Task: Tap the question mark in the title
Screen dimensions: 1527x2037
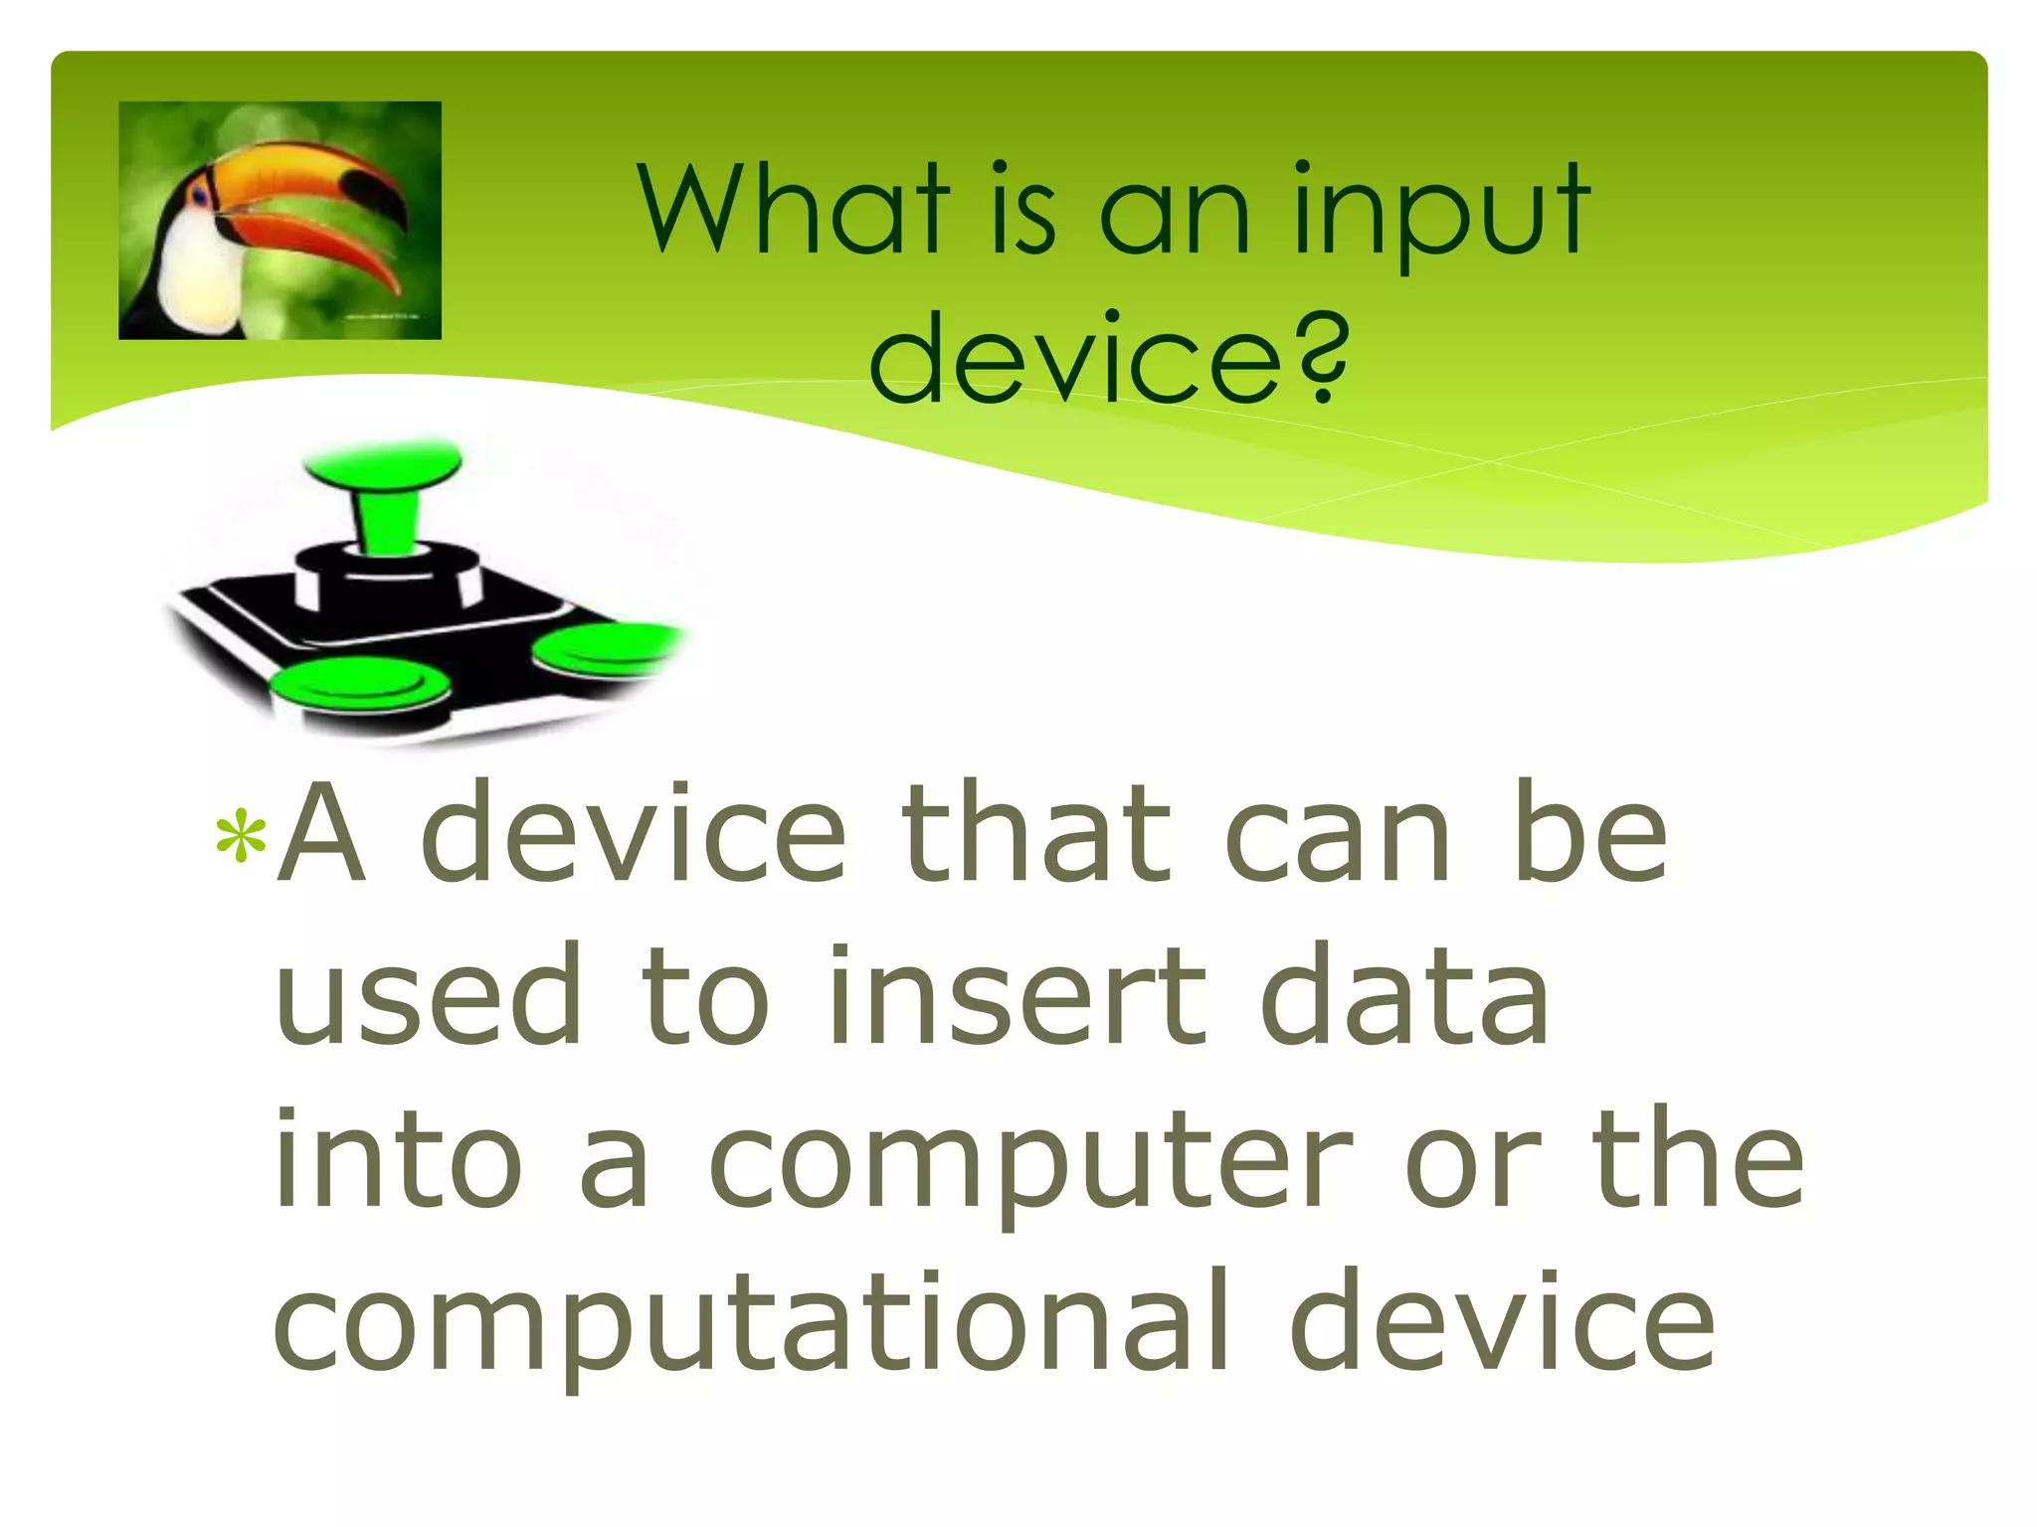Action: pyautogui.click(x=1323, y=358)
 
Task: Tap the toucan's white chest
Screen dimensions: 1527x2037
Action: pyautogui.click(x=199, y=273)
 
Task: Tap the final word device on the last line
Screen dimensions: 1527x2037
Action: pyautogui.click(x=1502, y=1322)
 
